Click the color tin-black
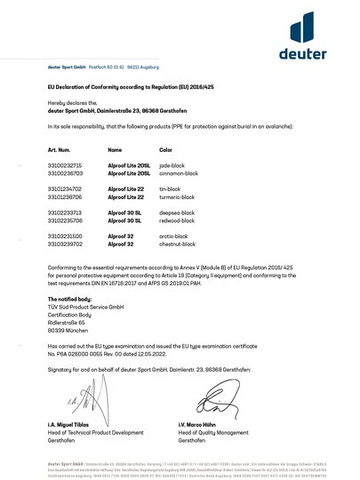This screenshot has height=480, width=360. click(x=171, y=188)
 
